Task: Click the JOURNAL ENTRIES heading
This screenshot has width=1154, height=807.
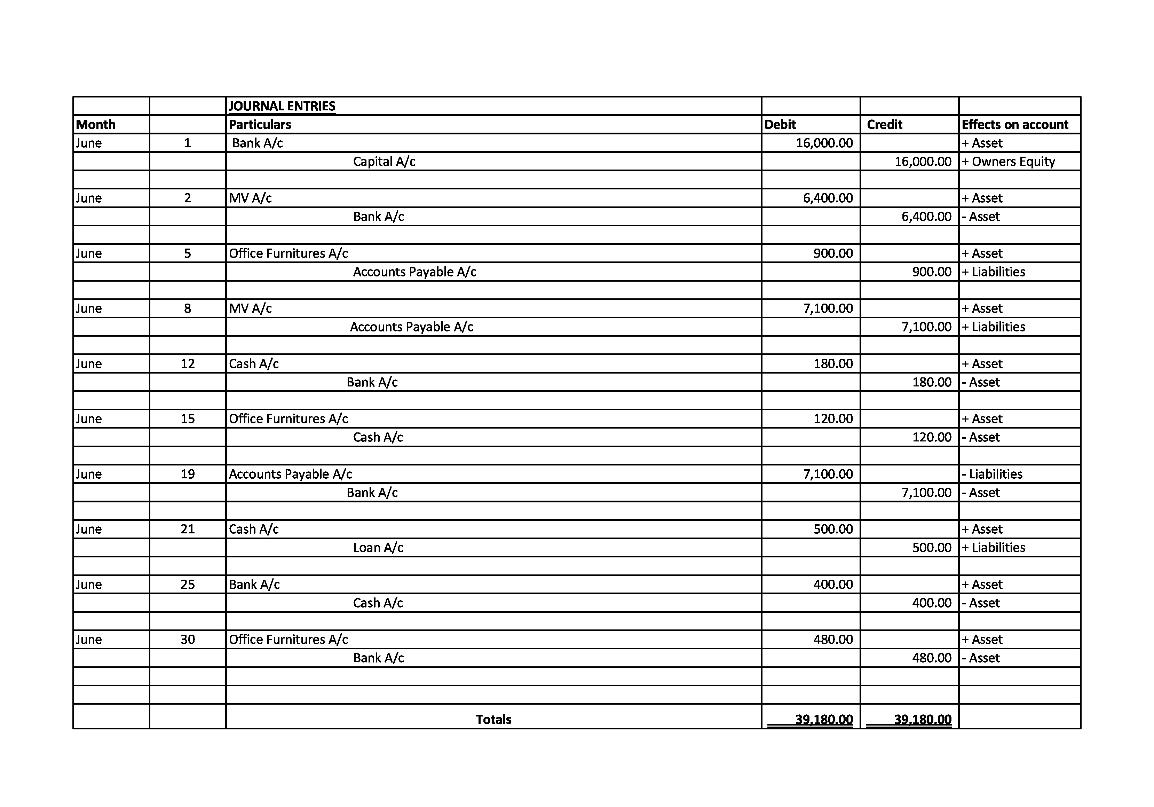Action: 282,106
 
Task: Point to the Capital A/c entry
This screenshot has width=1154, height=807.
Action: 384,162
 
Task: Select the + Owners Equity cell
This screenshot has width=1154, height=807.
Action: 1008,162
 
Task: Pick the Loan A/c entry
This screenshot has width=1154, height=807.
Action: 378,548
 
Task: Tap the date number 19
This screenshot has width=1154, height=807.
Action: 188,474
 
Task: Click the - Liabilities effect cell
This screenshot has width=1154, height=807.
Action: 992,474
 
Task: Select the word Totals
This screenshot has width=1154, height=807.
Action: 493,720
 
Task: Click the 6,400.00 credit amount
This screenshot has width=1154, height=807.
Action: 927,217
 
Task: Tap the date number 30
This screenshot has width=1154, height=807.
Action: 188,640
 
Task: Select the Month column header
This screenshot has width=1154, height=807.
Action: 95,125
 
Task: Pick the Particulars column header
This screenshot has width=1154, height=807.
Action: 260,125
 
